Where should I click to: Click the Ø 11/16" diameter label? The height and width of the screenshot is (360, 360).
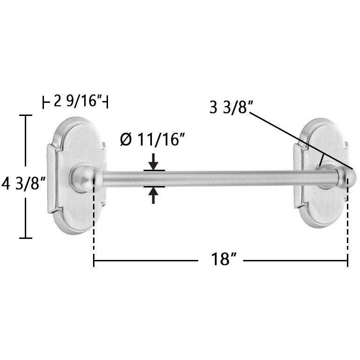click(152, 139)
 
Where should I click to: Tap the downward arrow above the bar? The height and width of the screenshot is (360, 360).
click(153, 162)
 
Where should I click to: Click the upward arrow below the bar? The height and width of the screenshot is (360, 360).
click(153, 195)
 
